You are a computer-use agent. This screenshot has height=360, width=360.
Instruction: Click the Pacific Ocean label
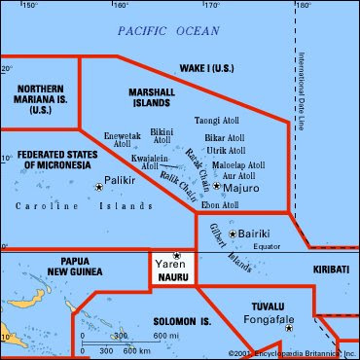(x=168, y=31)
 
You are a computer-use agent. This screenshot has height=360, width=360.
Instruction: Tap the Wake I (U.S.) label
(x=223, y=69)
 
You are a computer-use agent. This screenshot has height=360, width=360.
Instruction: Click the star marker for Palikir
(x=98, y=186)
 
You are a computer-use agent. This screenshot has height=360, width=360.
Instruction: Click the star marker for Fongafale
(x=288, y=328)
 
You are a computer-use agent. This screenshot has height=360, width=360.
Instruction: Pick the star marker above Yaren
(x=177, y=255)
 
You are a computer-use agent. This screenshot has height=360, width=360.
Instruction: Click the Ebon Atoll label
(x=219, y=205)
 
